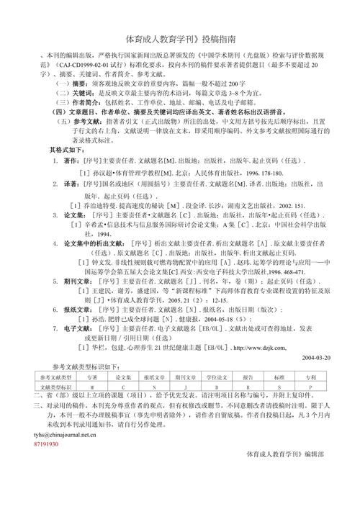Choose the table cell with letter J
click(176, 387)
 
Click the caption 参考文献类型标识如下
click(80, 366)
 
